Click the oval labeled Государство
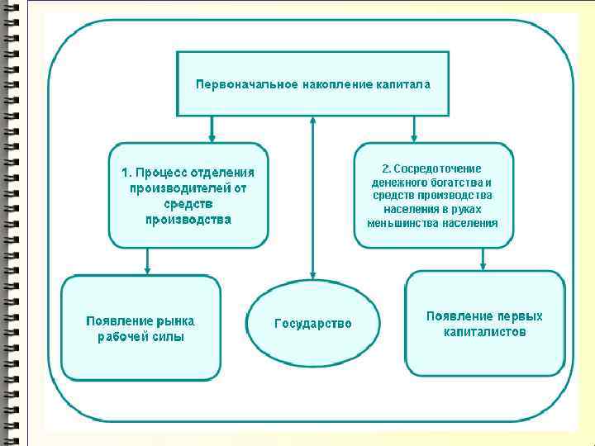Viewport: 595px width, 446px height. coord(312,324)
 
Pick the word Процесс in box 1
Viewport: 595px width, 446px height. coord(161,173)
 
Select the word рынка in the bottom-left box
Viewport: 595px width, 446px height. coord(178,320)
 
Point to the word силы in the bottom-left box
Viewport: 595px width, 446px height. coord(169,336)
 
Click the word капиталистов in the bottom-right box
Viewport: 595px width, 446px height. coord(484,332)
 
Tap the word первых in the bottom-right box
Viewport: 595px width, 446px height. coord(519,316)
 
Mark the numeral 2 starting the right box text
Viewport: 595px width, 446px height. coord(384,168)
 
